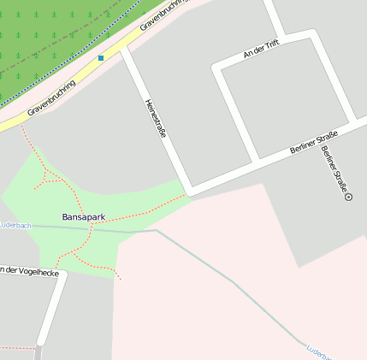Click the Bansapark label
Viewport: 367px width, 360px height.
83,217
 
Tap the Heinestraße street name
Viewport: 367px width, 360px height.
155,118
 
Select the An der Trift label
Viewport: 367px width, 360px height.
261,53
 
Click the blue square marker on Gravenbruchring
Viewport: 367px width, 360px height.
101,58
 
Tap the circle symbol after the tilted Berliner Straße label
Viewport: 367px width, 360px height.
349,197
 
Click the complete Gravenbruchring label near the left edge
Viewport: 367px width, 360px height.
51,98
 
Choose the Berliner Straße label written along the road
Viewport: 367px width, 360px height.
314,141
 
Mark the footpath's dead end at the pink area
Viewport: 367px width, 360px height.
121,279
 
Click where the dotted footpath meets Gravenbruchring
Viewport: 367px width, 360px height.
21,125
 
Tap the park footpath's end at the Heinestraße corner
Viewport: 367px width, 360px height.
186,196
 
